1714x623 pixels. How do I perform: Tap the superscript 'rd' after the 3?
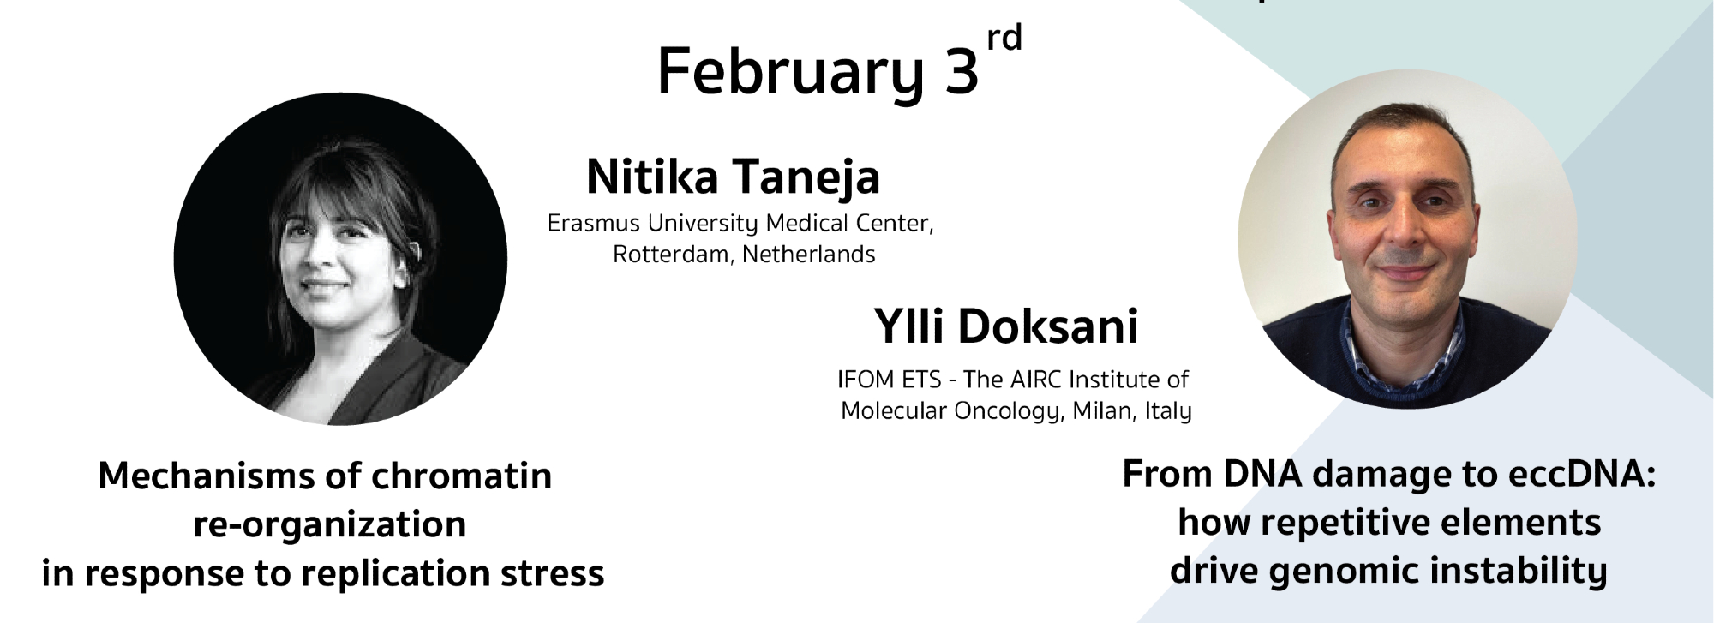click(1004, 39)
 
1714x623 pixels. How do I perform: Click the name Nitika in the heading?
click(652, 177)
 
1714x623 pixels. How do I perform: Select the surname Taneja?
click(806, 178)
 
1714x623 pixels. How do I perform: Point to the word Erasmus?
click(594, 224)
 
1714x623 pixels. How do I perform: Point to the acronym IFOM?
click(866, 380)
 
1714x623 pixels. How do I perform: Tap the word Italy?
click(1168, 412)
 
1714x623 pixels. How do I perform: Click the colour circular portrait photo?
click(1407, 239)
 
